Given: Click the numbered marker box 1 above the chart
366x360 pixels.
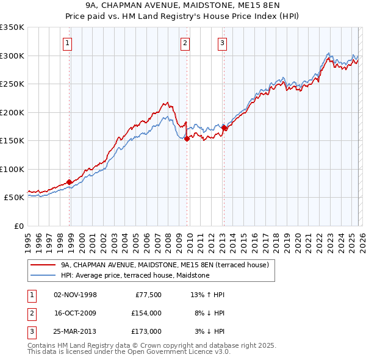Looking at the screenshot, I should click(x=66, y=43).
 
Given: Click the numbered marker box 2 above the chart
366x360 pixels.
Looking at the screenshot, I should click(x=184, y=43).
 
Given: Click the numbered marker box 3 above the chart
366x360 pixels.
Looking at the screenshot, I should click(x=222, y=43).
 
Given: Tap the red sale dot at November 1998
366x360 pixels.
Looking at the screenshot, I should click(x=70, y=182).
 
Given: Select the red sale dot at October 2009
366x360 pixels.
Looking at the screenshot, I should click(x=187, y=139).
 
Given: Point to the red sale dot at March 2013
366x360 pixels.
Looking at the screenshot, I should click(x=224, y=128).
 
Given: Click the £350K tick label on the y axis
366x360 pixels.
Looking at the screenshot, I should click(x=12, y=27).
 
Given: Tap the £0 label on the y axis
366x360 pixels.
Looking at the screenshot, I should click(x=18, y=226).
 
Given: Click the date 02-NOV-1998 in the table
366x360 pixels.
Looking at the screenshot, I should click(x=76, y=295).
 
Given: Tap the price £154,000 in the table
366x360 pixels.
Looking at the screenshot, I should click(x=146, y=313).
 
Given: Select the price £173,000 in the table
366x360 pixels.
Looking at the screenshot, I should click(x=146, y=331).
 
